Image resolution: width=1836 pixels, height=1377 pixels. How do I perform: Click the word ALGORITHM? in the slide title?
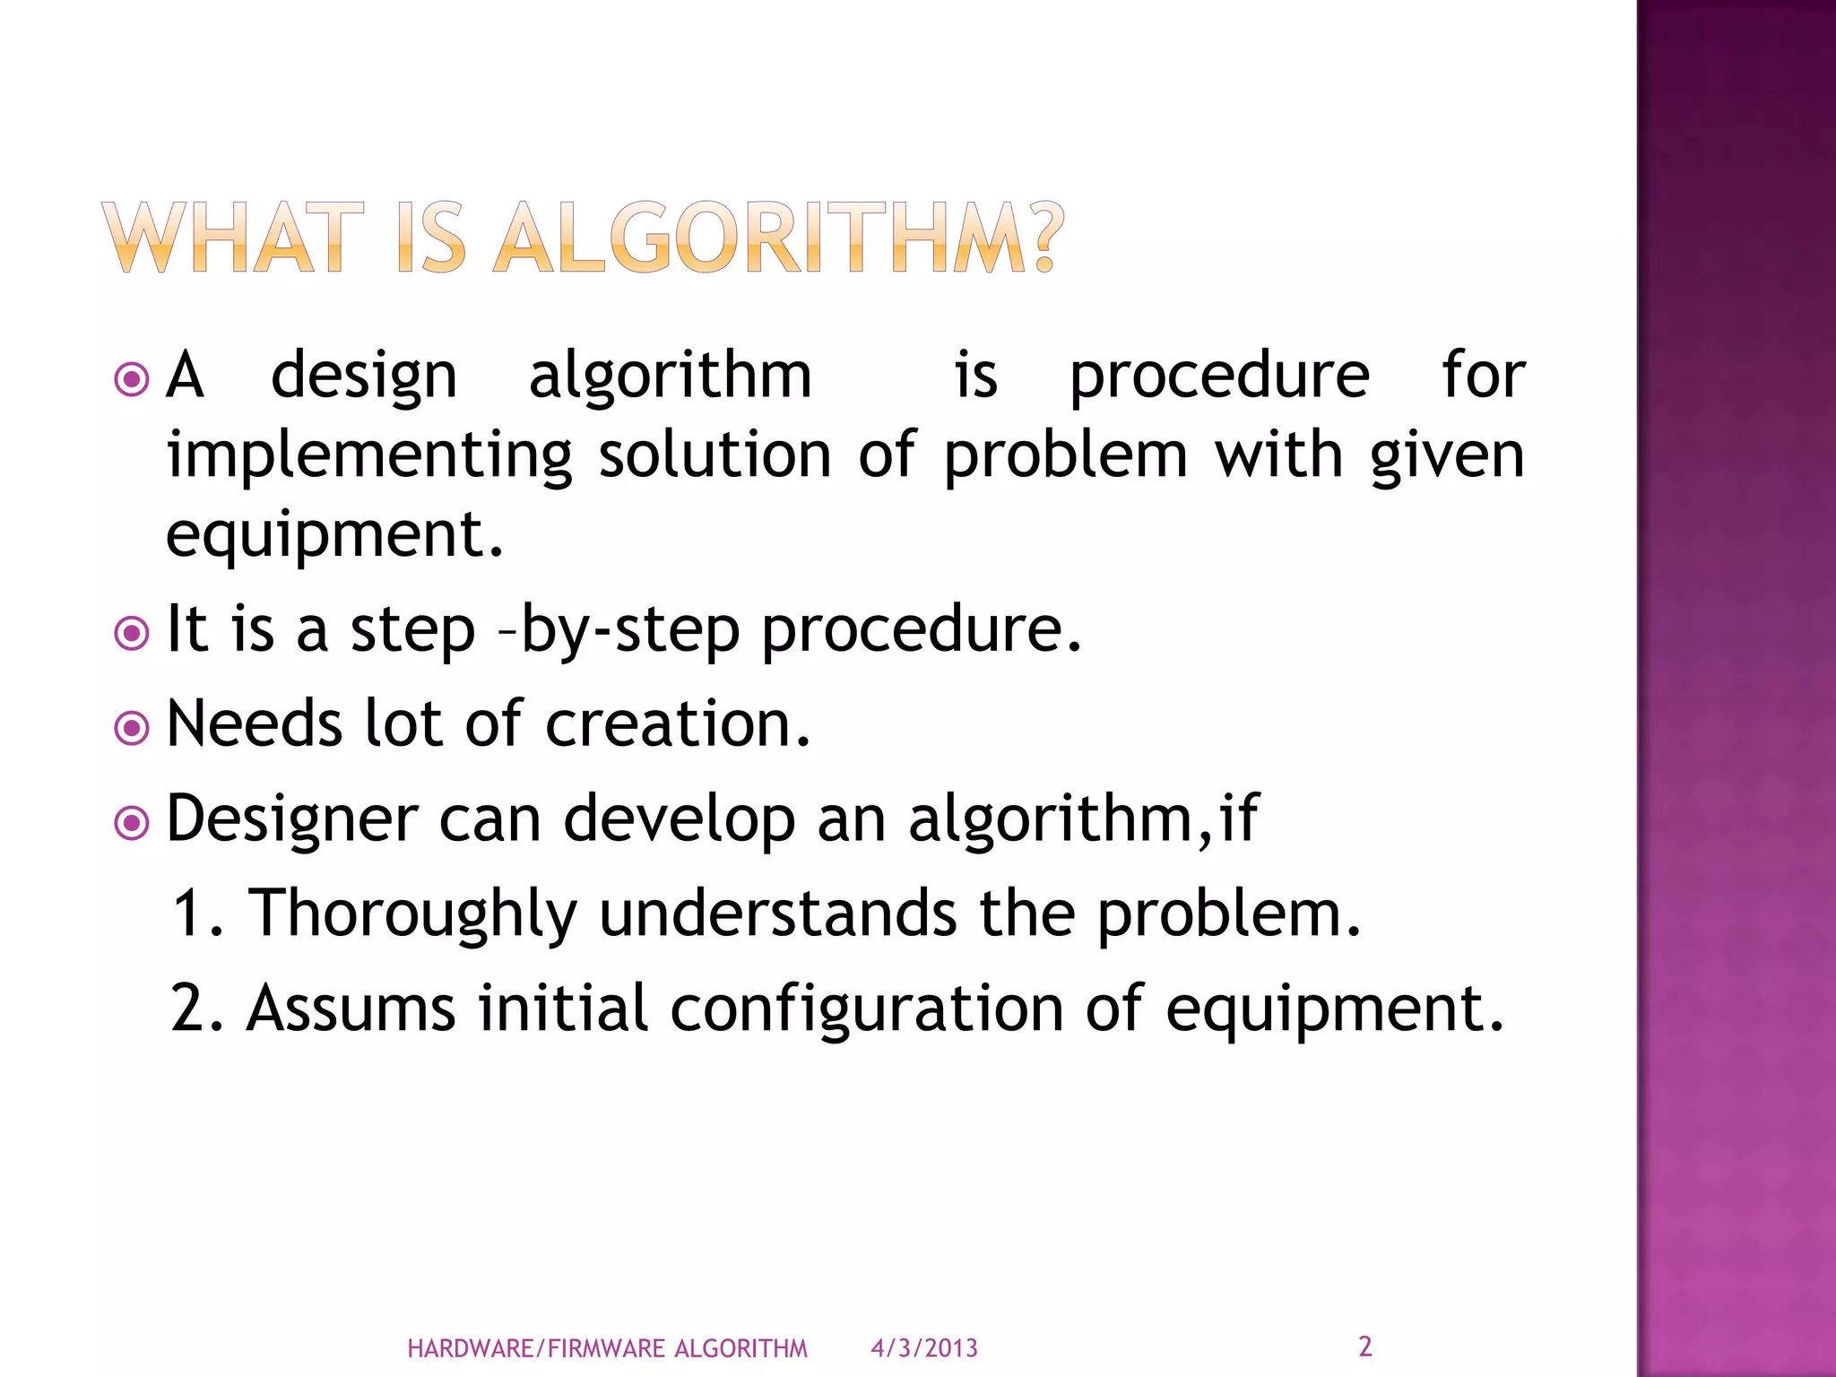click(x=778, y=238)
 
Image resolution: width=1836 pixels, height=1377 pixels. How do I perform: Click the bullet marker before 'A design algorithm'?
click(x=132, y=379)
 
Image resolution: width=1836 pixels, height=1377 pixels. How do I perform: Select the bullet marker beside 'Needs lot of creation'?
click(x=132, y=728)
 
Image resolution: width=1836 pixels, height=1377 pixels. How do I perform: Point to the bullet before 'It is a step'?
click(x=132, y=634)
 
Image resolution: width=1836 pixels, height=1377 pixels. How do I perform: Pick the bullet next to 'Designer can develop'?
click(x=132, y=823)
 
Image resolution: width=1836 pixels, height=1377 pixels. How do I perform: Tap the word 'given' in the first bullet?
click(x=1447, y=455)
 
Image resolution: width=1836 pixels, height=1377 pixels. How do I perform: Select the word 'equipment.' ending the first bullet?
click(x=335, y=534)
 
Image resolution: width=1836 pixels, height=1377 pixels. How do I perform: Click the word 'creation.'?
click(x=678, y=723)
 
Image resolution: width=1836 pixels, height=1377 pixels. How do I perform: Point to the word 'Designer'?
click(x=292, y=819)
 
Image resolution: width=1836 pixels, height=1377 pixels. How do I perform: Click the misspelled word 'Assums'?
click(x=351, y=1009)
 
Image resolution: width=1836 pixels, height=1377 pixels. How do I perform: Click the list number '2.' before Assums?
click(x=196, y=1009)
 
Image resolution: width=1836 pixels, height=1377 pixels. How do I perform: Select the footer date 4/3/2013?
click(x=924, y=1348)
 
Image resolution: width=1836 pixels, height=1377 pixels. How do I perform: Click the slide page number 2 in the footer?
click(x=1364, y=1347)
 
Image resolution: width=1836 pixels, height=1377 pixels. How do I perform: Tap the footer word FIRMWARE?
click(x=606, y=1348)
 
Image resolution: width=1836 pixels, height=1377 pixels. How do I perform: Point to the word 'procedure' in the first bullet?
click(x=1219, y=377)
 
